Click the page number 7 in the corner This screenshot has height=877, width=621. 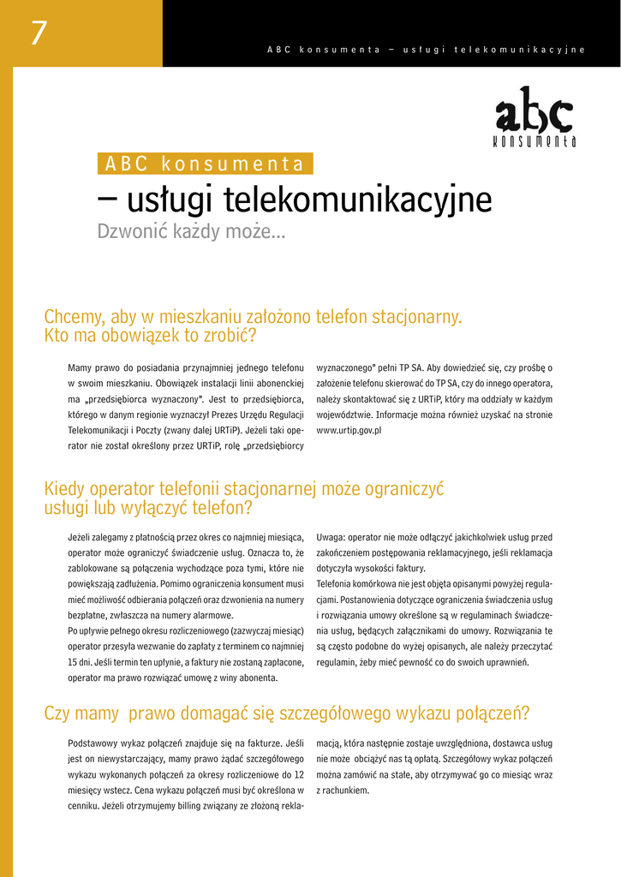(39, 33)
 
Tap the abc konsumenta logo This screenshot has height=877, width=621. (534, 117)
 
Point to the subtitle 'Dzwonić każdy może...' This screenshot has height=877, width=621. (191, 231)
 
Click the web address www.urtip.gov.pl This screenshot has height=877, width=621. (349, 430)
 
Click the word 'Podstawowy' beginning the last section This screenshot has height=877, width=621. (93, 743)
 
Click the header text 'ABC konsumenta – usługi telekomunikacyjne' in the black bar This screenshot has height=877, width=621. (426, 50)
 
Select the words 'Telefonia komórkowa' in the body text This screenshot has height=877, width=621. (357, 584)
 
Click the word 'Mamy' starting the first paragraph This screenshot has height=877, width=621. (80, 367)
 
